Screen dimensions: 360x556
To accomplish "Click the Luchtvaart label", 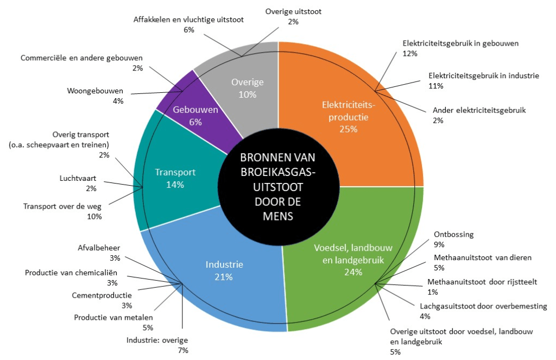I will click(x=78, y=178).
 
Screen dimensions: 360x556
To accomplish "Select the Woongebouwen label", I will click(x=96, y=91).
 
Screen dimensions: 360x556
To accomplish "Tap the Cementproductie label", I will click(x=102, y=295).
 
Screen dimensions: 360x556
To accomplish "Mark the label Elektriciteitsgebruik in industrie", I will click(x=483, y=75).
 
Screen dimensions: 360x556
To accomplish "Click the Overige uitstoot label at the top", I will click(x=293, y=11).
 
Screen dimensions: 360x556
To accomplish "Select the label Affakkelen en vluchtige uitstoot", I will click(x=188, y=20).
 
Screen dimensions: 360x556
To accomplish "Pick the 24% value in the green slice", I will click(x=353, y=272).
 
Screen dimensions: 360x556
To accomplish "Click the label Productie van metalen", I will click(x=113, y=318).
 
